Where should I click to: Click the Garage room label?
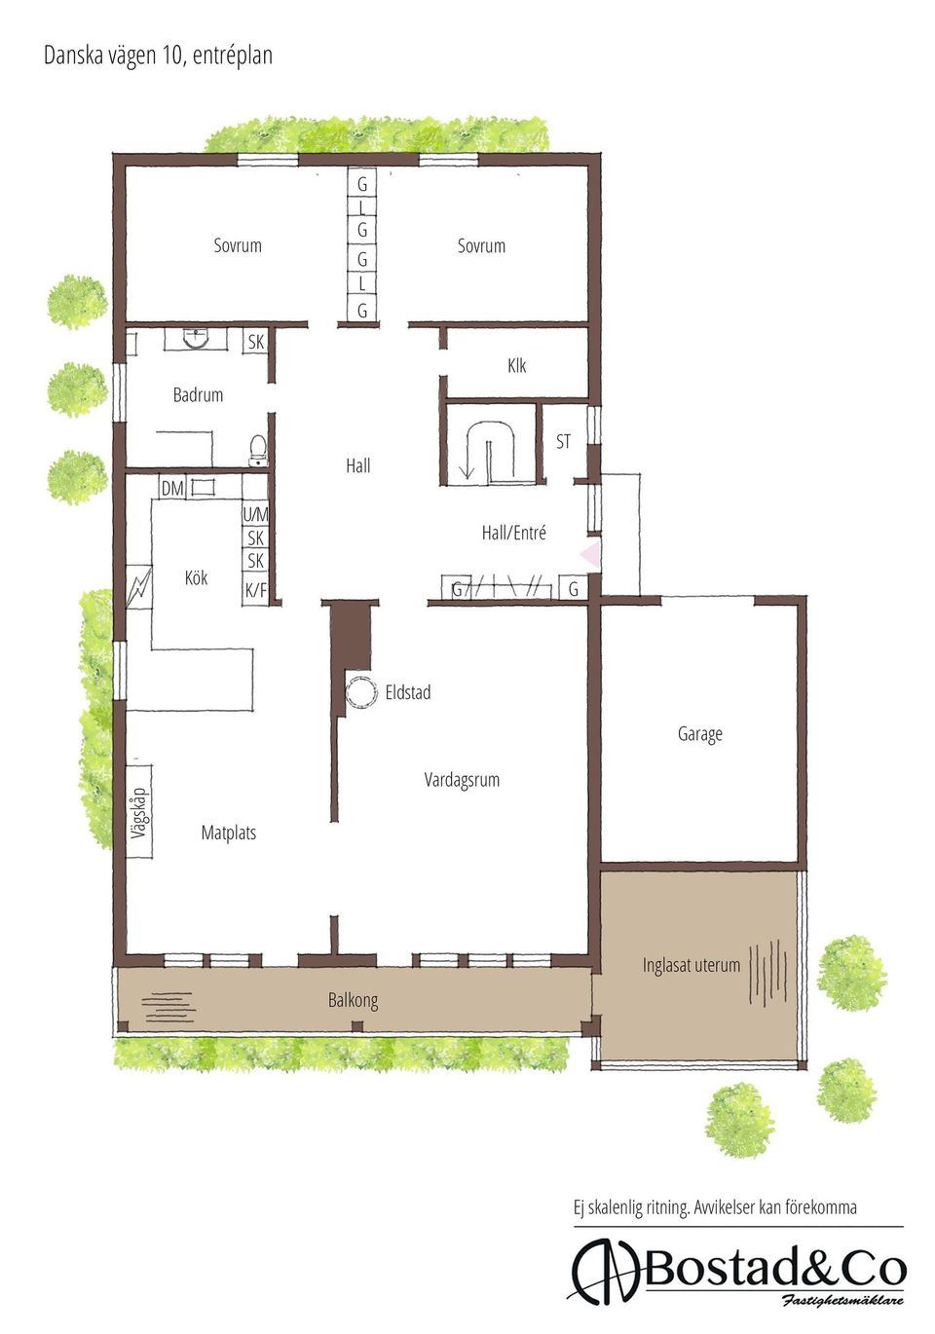(699, 734)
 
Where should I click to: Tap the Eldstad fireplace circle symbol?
(361, 692)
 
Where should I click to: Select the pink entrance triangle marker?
(590, 555)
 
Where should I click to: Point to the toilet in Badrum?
(258, 451)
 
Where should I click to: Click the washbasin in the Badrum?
(197, 339)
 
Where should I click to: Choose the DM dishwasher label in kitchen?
(172, 488)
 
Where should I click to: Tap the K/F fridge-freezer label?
(255, 589)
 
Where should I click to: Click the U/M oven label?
(255, 514)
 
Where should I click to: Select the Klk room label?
(516, 366)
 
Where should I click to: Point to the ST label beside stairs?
(563, 442)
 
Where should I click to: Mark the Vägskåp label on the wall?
(138, 812)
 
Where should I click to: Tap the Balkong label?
(353, 1000)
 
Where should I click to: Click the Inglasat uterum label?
(691, 965)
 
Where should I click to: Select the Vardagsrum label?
(462, 780)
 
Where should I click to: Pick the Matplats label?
(228, 833)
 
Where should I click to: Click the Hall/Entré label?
(513, 533)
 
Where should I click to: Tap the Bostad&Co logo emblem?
(604, 1271)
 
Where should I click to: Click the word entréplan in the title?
(232, 56)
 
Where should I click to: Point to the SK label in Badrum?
(255, 342)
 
